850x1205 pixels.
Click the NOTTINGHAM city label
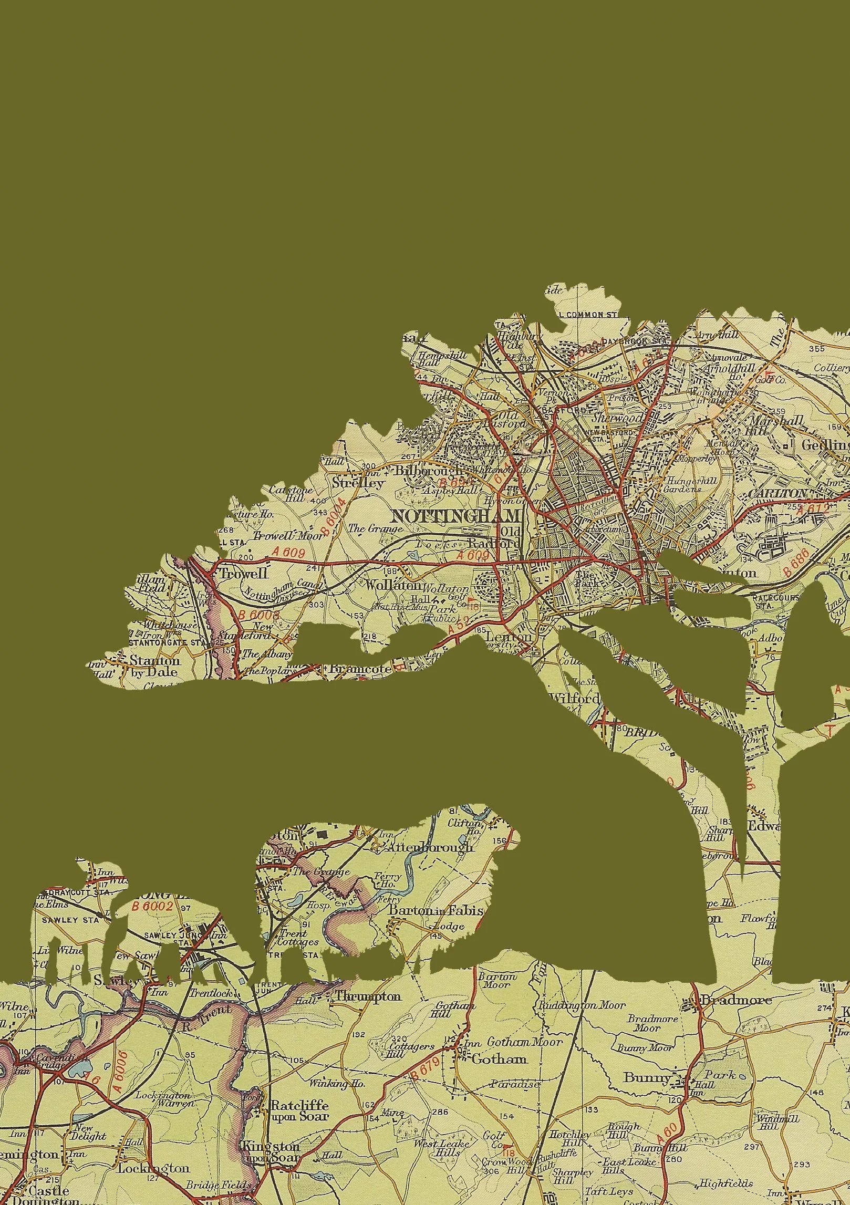coord(455,516)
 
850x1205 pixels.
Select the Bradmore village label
coord(735,1000)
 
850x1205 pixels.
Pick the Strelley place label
coord(358,482)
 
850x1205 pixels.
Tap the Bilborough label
coord(429,470)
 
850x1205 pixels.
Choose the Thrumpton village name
coord(368,996)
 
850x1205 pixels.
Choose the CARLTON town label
coord(777,494)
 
